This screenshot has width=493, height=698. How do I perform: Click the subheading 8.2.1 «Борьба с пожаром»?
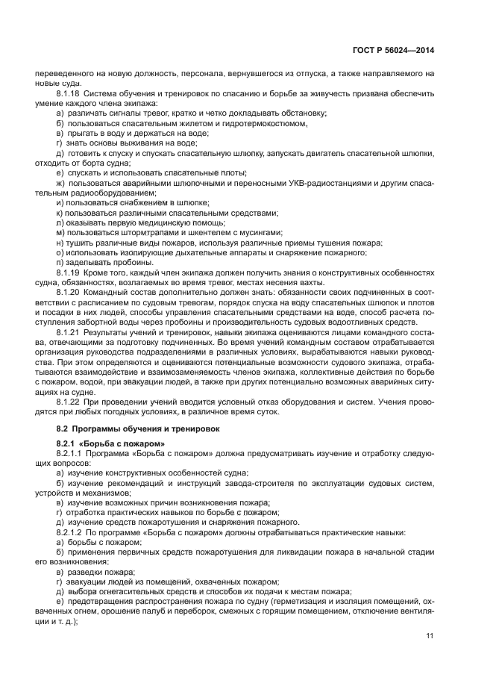(101, 444)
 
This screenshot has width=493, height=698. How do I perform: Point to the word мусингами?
(260, 232)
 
